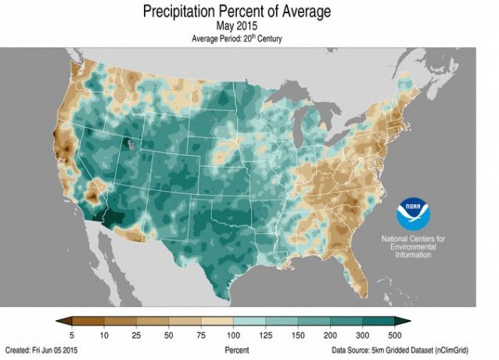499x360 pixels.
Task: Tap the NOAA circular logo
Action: pyautogui.click(x=414, y=214)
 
